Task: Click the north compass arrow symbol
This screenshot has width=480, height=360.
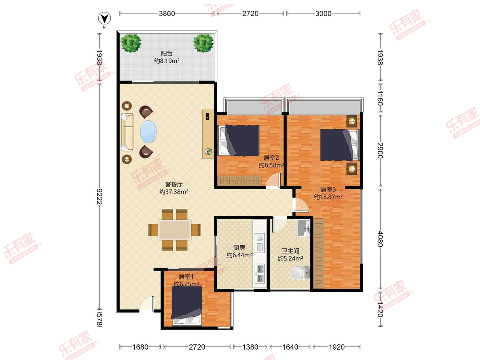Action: click(x=104, y=18)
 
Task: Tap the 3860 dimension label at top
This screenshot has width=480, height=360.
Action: click(x=167, y=14)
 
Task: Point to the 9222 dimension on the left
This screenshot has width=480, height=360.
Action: click(x=100, y=196)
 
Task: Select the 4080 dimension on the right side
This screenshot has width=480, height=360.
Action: click(x=380, y=239)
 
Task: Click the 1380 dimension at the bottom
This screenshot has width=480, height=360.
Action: click(x=250, y=347)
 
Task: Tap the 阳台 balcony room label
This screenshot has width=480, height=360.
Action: click(x=167, y=53)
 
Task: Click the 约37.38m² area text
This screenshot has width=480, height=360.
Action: click(x=174, y=192)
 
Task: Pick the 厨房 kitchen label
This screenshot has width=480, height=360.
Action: click(x=239, y=248)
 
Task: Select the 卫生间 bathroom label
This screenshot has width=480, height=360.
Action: click(x=290, y=251)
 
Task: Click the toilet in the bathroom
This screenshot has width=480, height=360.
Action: click(x=300, y=273)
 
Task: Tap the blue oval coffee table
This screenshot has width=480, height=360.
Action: click(x=148, y=132)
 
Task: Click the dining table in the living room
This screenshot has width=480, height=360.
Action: click(x=174, y=230)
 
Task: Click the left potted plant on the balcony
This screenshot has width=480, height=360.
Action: click(x=131, y=43)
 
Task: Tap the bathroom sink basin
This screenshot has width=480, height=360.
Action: click(x=304, y=228)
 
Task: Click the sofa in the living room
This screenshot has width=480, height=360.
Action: click(x=127, y=132)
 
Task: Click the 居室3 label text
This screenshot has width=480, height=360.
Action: click(x=328, y=189)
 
